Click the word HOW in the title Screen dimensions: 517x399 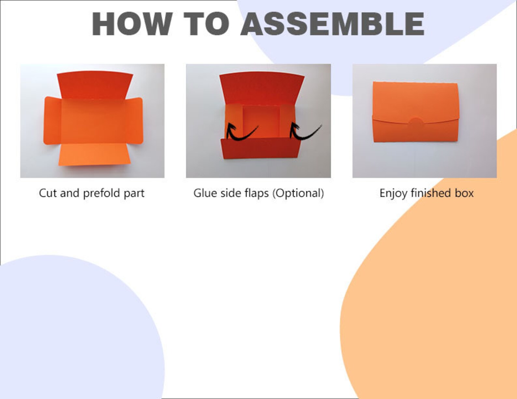pos(132,23)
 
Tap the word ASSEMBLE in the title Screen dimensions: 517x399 pos(333,24)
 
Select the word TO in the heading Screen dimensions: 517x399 pos(206,23)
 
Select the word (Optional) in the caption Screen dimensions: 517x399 pos(298,193)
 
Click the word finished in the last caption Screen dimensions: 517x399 pos(431,193)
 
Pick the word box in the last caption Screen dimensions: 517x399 pos(464,193)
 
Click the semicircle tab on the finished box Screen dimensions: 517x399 pos(416,121)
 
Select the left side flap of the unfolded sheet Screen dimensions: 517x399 pos(52,121)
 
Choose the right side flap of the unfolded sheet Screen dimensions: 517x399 pos(134,120)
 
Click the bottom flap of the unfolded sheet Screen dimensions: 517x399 pos(94,155)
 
